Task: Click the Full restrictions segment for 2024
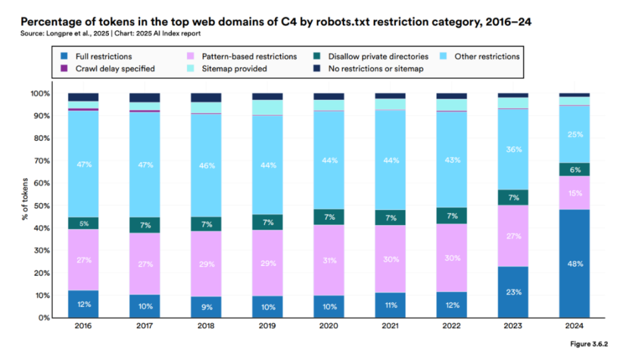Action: point(574,263)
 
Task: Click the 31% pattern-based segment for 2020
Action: point(328,260)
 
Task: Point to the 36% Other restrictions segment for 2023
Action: point(513,149)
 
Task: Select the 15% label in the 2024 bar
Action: point(574,193)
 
